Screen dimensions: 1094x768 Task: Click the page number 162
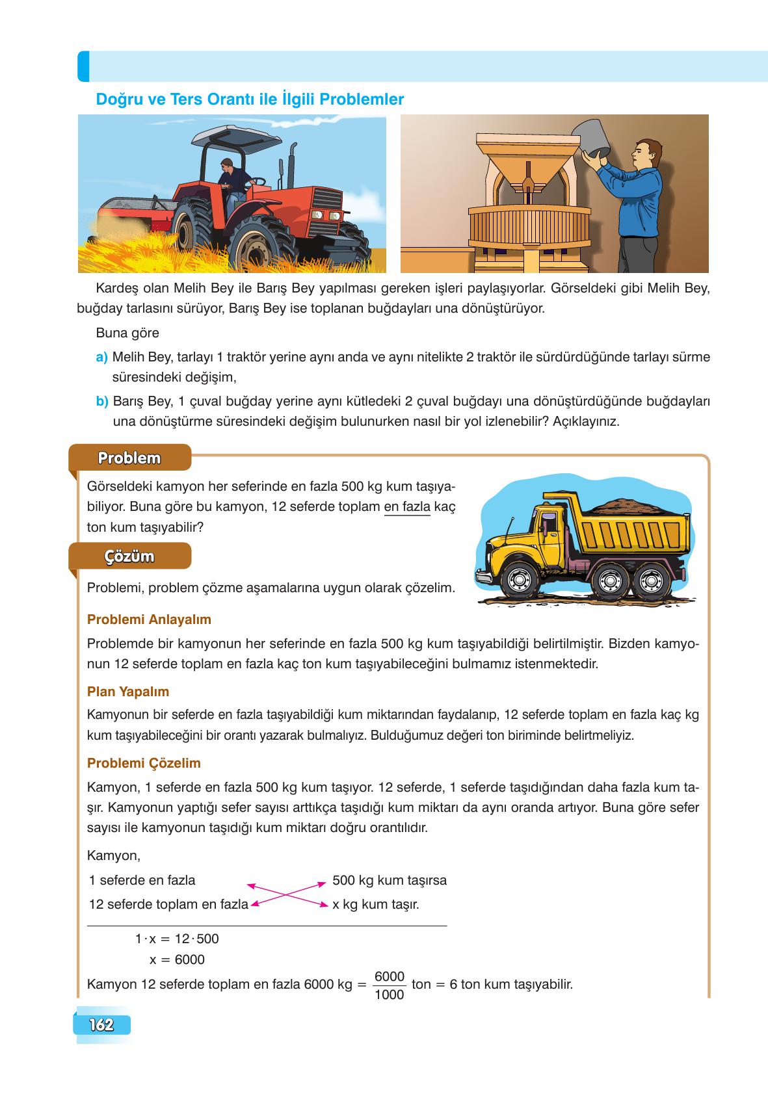coord(102,1025)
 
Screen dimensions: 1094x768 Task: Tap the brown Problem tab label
coord(129,458)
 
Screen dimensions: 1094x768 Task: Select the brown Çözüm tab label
coord(129,556)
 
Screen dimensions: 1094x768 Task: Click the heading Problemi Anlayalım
coord(149,619)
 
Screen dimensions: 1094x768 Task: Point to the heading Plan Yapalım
coord(128,692)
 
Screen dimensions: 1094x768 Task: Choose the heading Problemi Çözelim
coord(144,763)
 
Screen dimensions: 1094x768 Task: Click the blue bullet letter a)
coord(101,357)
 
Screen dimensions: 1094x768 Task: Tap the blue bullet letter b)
coord(102,401)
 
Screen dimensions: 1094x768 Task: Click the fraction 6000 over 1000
coord(390,985)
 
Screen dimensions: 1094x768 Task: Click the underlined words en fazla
coord(408,506)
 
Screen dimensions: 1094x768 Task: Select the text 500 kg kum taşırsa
coord(389,880)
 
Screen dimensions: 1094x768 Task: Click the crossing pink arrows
coord(287,893)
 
